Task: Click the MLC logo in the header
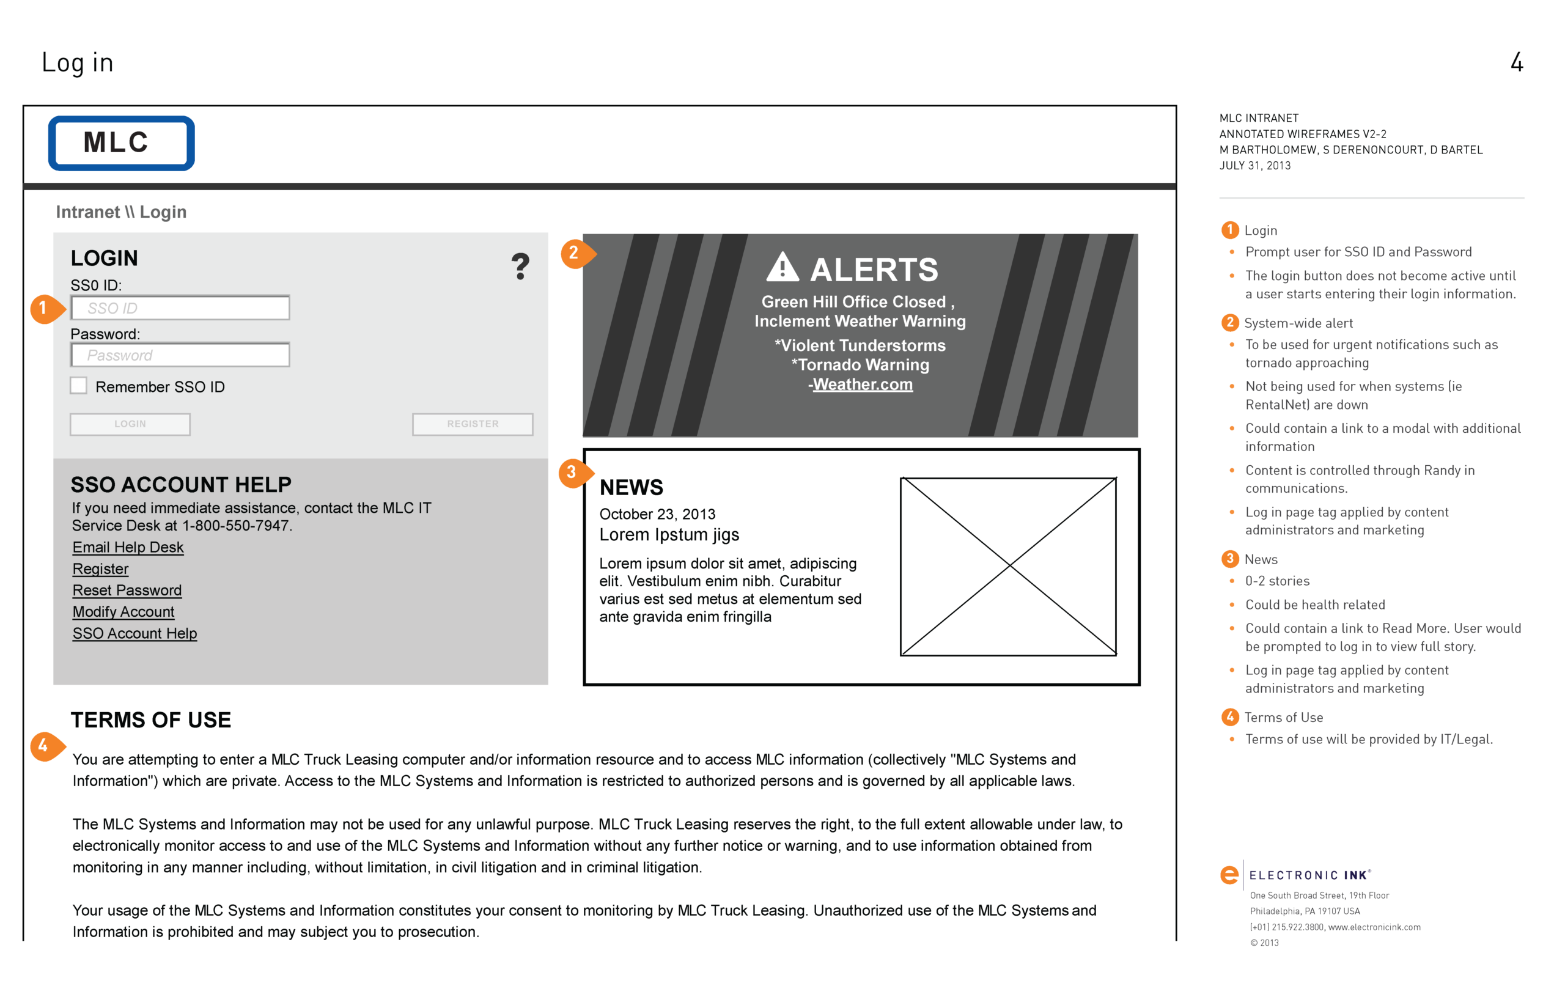click(122, 143)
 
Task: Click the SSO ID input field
click(180, 307)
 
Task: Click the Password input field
click(180, 355)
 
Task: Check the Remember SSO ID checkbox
click(79, 386)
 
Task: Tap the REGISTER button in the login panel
click(473, 424)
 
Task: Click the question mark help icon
click(520, 267)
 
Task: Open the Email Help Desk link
click(128, 547)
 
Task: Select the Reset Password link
click(127, 590)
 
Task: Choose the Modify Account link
click(123, 612)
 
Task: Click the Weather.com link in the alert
click(863, 384)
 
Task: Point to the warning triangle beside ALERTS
click(782, 267)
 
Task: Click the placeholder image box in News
click(1008, 567)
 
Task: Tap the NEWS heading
click(631, 487)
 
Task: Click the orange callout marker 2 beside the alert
click(575, 253)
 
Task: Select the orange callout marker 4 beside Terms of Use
click(44, 746)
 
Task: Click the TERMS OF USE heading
click(151, 720)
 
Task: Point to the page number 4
click(1516, 62)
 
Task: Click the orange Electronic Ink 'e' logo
click(1229, 875)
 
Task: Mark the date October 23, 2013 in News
click(657, 514)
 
